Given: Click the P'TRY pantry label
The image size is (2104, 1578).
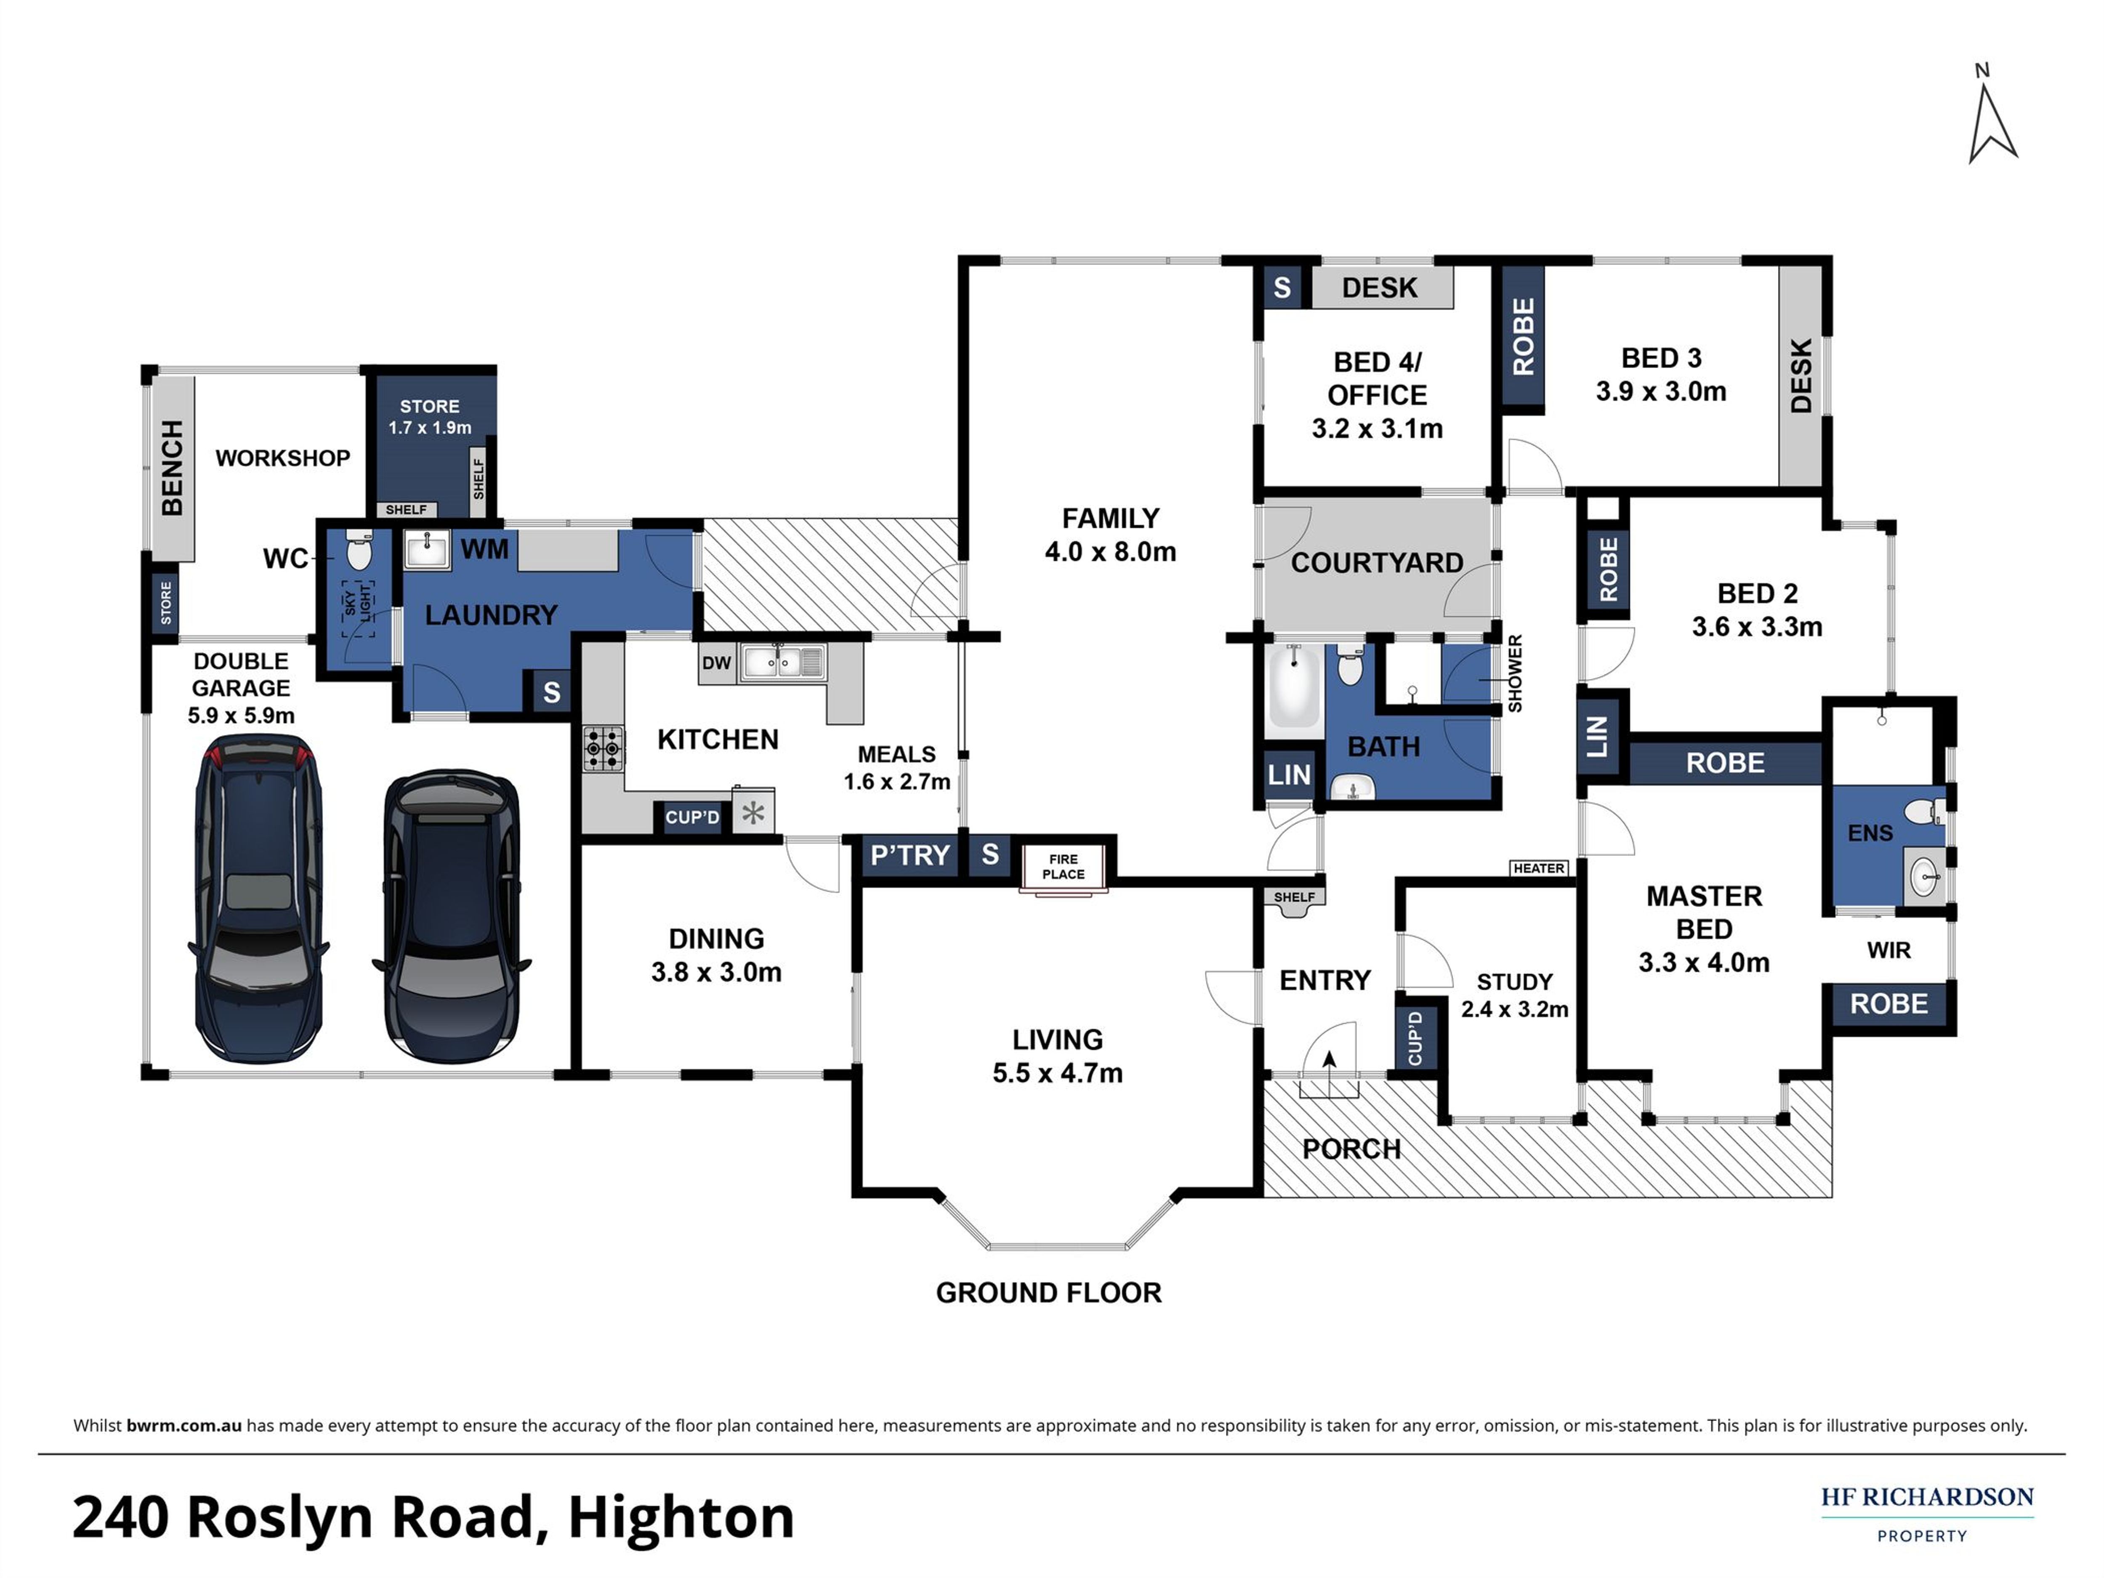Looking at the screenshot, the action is pos(910,855).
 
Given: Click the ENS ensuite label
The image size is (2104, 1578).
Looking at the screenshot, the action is pos(1870,833).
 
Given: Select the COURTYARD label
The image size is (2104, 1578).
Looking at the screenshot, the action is pos(1376,563).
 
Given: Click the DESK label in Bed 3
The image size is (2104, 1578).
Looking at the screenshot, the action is pos(1801,376).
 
